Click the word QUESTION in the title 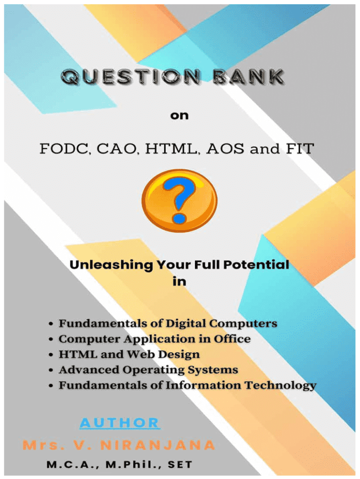pyautogui.click(x=131, y=77)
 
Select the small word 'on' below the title pyautogui.click(x=179, y=116)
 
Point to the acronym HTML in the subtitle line pyautogui.click(x=171, y=149)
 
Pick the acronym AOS pyautogui.click(x=225, y=149)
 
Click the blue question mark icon pyautogui.click(x=179, y=200)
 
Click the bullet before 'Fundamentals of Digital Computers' pyautogui.click(x=51, y=324)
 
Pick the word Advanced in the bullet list pyautogui.click(x=89, y=370)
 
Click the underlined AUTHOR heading pyautogui.click(x=120, y=423)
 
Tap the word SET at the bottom pyautogui.click(x=180, y=464)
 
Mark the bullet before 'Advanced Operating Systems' pyautogui.click(x=51, y=370)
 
